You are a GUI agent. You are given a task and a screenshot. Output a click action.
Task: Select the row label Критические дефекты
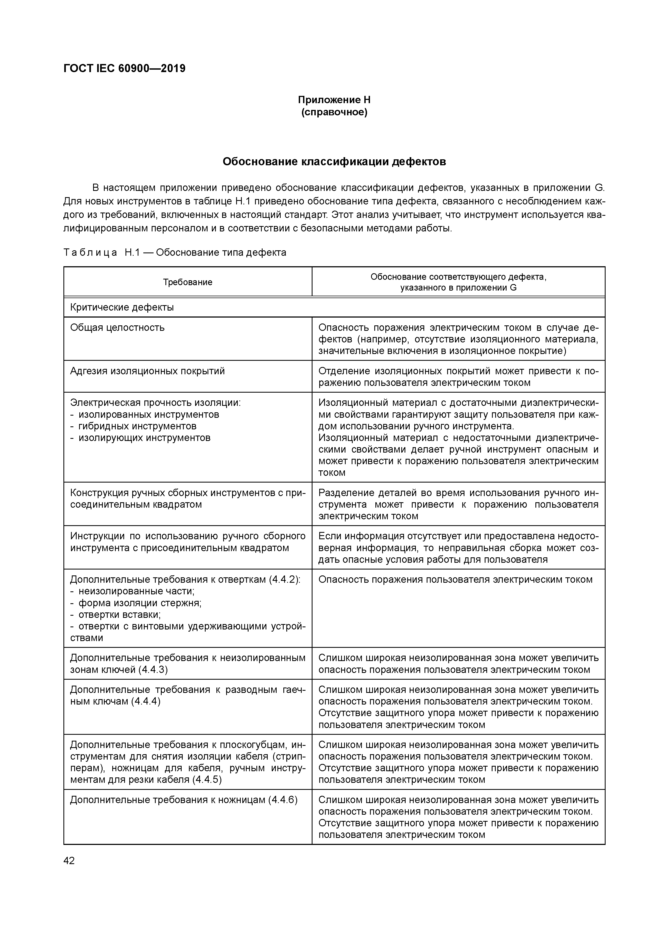[122, 307]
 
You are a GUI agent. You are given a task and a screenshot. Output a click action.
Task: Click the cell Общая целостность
[117, 328]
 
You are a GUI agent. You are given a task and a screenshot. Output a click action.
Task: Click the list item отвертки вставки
[120, 615]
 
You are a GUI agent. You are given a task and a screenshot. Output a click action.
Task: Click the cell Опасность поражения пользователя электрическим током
[455, 579]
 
